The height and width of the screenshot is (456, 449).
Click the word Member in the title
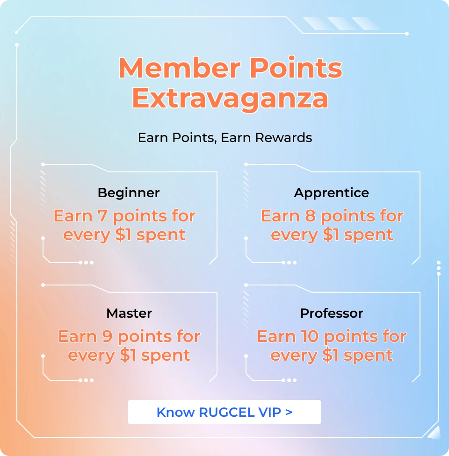coord(180,68)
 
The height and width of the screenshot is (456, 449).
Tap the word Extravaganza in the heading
coord(230,99)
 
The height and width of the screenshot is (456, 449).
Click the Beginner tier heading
coord(129,193)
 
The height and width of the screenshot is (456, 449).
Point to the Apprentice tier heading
coord(331,193)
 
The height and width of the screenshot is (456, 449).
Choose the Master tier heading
coord(129,313)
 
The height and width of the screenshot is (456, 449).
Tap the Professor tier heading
coord(332,313)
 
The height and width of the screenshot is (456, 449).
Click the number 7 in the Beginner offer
coord(102,216)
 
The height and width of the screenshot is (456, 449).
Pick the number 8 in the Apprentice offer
coord(310,216)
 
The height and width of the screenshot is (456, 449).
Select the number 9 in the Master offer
coord(107,336)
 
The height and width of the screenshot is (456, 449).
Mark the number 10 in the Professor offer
coord(310,336)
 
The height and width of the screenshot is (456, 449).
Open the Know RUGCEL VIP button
coord(224,412)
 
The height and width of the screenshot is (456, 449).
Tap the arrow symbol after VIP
coord(289,413)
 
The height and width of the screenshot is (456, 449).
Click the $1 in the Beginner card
coord(123,235)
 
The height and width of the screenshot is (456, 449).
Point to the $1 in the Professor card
coord(330,355)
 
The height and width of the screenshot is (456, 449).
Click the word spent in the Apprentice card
coord(369,235)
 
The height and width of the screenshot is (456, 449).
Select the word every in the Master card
coord(91,356)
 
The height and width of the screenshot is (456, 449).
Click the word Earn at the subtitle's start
coord(153,137)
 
